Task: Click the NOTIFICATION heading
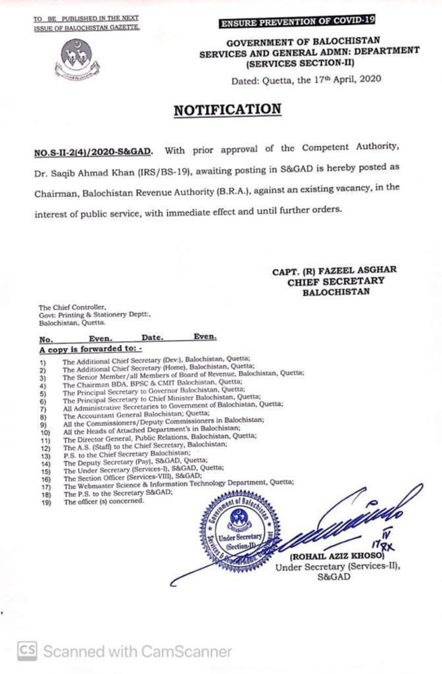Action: (x=227, y=109)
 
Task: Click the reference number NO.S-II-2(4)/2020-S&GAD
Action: (x=93, y=152)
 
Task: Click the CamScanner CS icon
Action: (x=26, y=651)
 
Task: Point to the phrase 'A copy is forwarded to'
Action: (x=90, y=348)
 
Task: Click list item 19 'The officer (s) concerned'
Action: (x=103, y=501)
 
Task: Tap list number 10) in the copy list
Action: (x=44, y=432)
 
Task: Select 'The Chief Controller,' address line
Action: (x=72, y=307)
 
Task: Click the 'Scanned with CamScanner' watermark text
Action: (x=137, y=652)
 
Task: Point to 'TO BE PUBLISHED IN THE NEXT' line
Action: (x=87, y=20)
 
